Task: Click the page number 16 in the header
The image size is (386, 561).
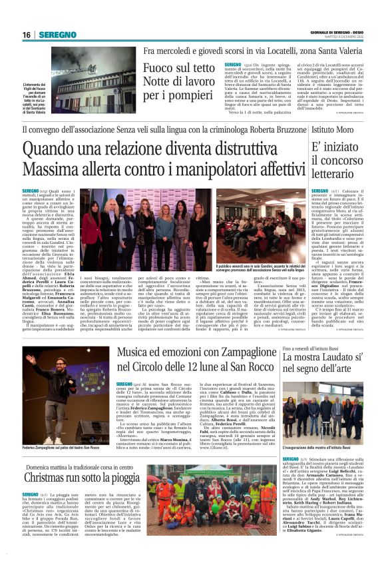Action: [x=27, y=35]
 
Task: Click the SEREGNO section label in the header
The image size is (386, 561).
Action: [x=57, y=35]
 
